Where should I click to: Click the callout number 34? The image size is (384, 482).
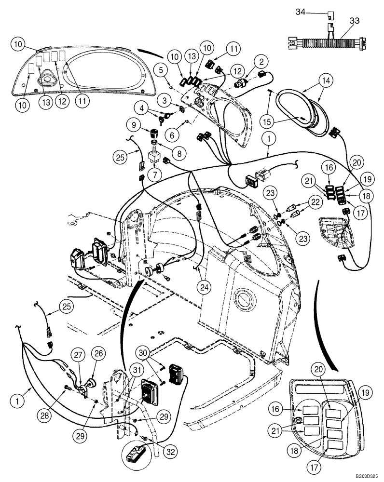(x=300, y=13)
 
